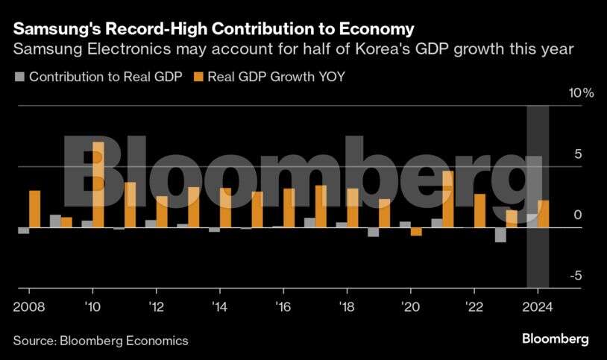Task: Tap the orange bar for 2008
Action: tap(34, 209)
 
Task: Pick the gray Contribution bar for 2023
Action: tap(500, 235)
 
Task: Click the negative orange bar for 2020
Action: tap(416, 232)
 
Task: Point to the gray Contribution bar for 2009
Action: tap(55, 221)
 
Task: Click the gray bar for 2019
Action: tap(374, 232)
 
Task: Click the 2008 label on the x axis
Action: tap(28, 306)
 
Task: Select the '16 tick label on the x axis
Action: tap(283, 306)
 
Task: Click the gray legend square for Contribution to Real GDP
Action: tap(20, 77)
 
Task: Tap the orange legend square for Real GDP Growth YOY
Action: tap(198, 77)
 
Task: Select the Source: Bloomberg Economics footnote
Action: tap(101, 340)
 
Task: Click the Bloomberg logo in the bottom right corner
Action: tap(555, 339)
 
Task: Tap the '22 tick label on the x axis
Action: tap(474, 306)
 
